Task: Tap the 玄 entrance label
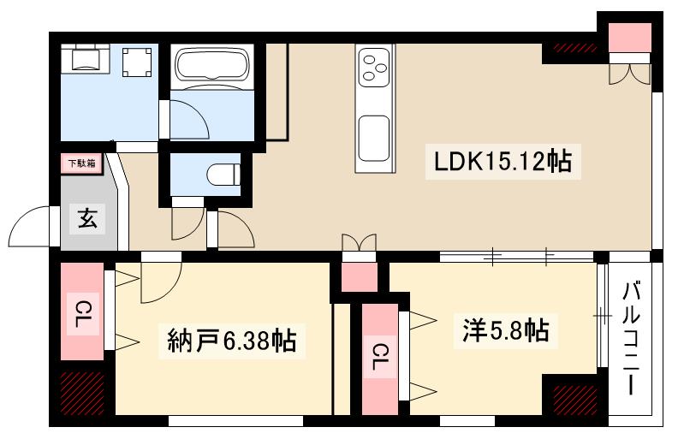(88, 219)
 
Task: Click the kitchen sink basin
(374, 138)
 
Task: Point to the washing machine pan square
(138, 62)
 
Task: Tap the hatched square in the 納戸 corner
(82, 393)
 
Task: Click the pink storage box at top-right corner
(629, 37)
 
